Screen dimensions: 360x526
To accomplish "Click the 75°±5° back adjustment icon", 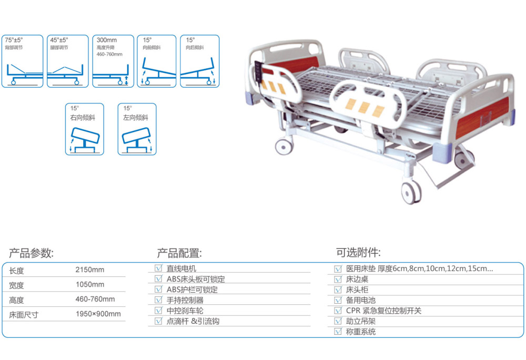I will [22, 61].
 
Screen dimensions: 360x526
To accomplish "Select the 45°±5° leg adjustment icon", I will [65, 61].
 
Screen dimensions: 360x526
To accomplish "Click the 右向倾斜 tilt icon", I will [85, 129].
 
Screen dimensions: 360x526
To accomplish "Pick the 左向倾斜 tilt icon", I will [137, 129].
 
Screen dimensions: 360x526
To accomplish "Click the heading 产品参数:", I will [32, 253].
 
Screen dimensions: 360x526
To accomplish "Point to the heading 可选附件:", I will [358, 253].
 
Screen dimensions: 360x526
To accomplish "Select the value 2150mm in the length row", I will [90, 270].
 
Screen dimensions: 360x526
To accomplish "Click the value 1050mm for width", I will [90, 285].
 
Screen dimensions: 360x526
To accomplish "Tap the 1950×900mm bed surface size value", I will [98, 314].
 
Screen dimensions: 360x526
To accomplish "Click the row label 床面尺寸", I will [24, 315].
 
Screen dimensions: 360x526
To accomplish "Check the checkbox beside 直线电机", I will [158, 268].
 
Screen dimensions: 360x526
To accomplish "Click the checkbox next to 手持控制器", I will [158, 300].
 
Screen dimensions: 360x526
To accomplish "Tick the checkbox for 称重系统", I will [338, 332].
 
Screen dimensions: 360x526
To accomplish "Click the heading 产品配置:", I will [179, 253].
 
